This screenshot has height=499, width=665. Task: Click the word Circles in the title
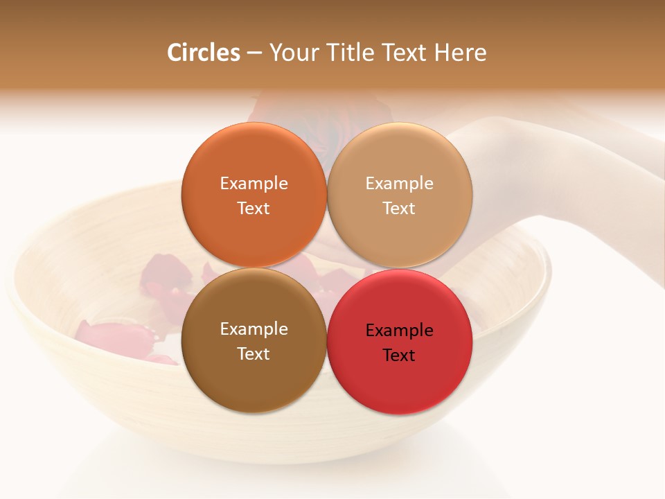pyautogui.click(x=204, y=53)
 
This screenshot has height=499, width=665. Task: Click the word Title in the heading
pyautogui.click(x=348, y=53)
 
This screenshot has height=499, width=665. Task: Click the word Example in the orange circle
pyautogui.click(x=254, y=184)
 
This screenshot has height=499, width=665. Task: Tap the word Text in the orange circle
pyautogui.click(x=254, y=209)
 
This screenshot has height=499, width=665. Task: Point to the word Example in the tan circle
pyautogui.click(x=400, y=184)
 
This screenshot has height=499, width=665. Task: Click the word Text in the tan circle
pyautogui.click(x=400, y=209)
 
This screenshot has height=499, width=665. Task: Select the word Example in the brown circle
pyautogui.click(x=254, y=329)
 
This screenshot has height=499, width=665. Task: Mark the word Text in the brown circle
pyautogui.click(x=254, y=354)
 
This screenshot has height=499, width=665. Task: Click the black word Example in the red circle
pyautogui.click(x=400, y=331)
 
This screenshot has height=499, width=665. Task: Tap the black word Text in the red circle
pyautogui.click(x=400, y=356)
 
